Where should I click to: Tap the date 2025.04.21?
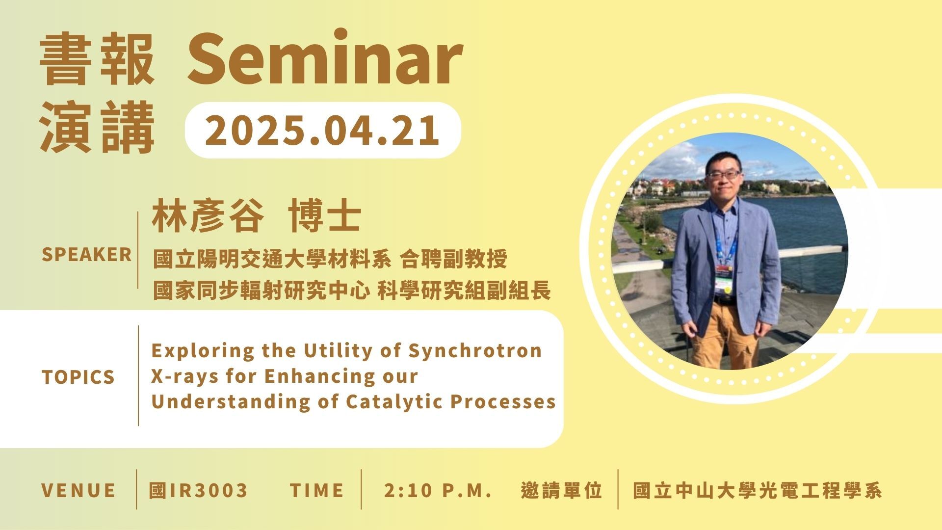(322, 130)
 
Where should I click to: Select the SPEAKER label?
(87, 255)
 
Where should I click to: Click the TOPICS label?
(78, 377)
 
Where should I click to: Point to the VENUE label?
(78, 490)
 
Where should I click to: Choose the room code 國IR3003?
(199, 490)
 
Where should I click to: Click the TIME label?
(317, 490)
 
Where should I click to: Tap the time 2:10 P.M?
(438, 490)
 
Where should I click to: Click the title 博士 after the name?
(325, 216)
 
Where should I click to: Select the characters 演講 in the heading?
(97, 129)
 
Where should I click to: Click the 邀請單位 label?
(562, 490)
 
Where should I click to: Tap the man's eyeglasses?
(723, 174)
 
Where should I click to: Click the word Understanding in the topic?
(231, 402)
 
